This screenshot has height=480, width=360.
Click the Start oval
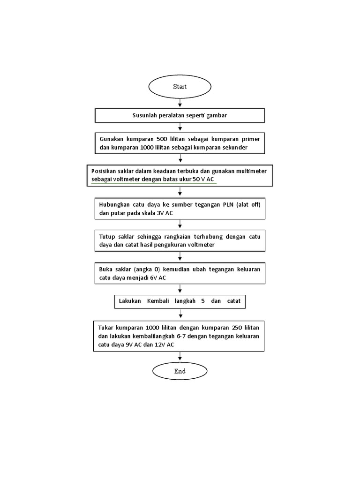point(180,87)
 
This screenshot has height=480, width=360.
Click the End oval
point(180,371)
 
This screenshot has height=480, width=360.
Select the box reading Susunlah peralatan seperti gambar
point(180,115)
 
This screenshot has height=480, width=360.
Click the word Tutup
point(107,236)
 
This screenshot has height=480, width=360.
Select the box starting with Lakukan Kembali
point(180,301)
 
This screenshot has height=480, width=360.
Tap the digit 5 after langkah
point(202,301)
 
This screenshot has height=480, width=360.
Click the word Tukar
point(107,327)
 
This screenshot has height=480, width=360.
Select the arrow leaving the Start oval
point(180,103)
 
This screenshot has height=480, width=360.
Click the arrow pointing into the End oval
point(180,357)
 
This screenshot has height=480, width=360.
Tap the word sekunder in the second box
point(245,147)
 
